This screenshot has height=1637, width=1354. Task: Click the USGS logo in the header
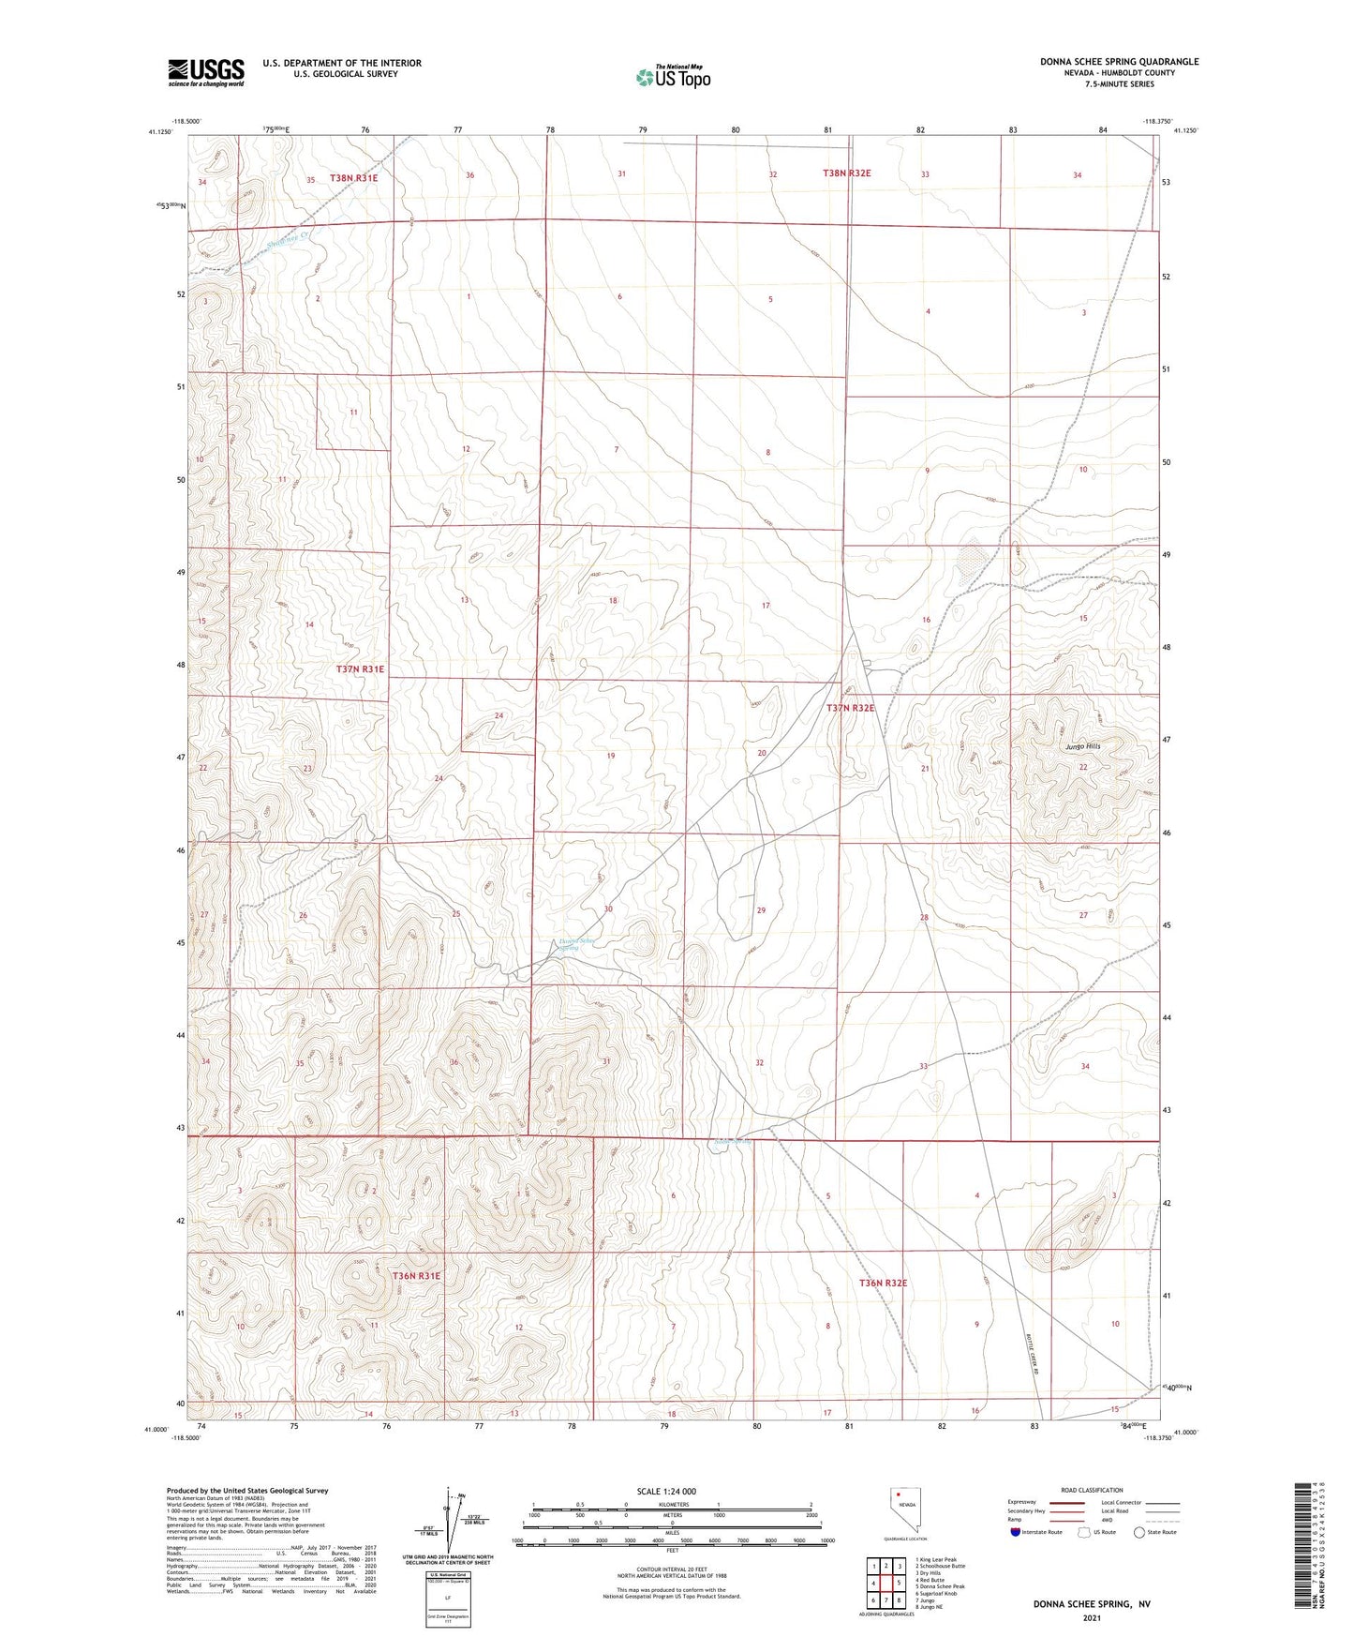click(x=206, y=71)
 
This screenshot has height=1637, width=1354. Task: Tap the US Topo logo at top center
click(x=673, y=76)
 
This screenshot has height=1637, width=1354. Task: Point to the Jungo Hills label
click(x=1082, y=746)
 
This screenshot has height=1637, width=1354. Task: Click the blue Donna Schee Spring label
click(x=576, y=944)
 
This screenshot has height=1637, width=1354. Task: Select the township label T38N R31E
click(x=353, y=178)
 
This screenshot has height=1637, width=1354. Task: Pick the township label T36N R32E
click(x=883, y=1283)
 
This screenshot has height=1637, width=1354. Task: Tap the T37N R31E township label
click(x=360, y=669)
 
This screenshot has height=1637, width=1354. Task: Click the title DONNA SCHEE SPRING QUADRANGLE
click(x=1119, y=62)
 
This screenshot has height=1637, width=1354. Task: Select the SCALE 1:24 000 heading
click(x=666, y=1492)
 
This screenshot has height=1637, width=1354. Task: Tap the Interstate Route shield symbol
click(x=1017, y=1532)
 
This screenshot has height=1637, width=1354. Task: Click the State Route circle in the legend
click(x=1139, y=1532)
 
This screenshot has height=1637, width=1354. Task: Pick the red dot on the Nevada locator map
click(x=899, y=1496)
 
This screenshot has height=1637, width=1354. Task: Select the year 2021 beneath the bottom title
click(x=1091, y=1617)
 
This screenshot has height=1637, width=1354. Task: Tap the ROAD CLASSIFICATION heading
click(x=1092, y=1490)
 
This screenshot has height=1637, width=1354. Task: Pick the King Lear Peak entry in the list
click(x=938, y=1560)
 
